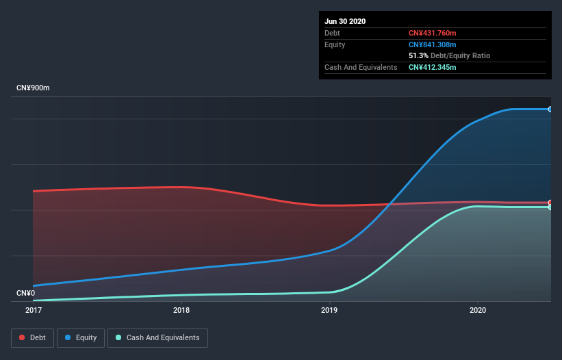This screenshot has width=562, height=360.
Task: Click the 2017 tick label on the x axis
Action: tap(33, 310)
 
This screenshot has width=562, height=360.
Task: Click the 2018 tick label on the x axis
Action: tap(181, 310)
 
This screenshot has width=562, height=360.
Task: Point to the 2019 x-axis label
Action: tap(329, 310)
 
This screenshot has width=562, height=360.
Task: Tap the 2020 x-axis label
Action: tap(478, 310)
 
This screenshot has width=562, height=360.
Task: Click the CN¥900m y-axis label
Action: tap(34, 88)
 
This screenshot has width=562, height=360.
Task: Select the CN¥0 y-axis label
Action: tap(26, 293)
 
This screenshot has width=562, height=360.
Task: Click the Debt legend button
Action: tap(31, 337)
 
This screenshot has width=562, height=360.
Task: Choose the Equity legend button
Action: tap(81, 337)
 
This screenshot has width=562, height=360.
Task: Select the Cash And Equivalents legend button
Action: tap(157, 337)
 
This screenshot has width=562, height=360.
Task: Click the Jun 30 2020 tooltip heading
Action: tap(345, 21)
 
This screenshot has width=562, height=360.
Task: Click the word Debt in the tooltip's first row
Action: tap(332, 33)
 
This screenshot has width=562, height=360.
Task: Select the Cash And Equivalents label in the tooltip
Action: tap(361, 67)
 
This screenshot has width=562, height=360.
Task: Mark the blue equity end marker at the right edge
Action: tap(550, 110)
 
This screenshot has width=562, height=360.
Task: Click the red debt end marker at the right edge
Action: tap(550, 203)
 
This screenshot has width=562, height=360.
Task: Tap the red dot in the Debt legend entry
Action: tap(23, 337)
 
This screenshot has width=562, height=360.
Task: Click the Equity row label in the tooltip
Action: tap(335, 44)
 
